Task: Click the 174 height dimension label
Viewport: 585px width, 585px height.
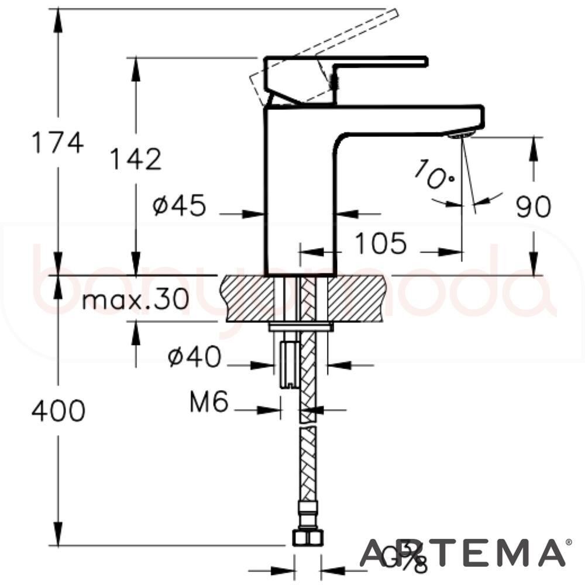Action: tap(57, 142)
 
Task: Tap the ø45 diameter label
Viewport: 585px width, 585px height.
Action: tap(180, 205)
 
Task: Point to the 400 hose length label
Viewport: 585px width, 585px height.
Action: tap(58, 411)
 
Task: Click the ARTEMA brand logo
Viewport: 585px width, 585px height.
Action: tap(462, 553)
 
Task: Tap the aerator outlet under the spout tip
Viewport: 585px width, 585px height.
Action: tap(460, 134)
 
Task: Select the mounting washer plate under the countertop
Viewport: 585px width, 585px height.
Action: tap(300, 326)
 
